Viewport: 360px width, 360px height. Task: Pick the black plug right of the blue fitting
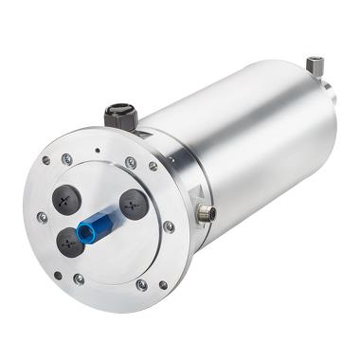tap(134, 204)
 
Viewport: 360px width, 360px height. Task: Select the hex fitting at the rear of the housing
tap(315, 65)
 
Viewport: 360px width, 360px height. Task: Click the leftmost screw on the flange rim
tap(42, 217)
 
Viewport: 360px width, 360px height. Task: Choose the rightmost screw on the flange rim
tap(169, 226)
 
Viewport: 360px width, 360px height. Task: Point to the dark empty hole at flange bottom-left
tap(58, 276)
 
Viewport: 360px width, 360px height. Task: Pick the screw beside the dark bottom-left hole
tap(79, 279)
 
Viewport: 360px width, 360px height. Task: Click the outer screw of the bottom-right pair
tap(163, 284)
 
